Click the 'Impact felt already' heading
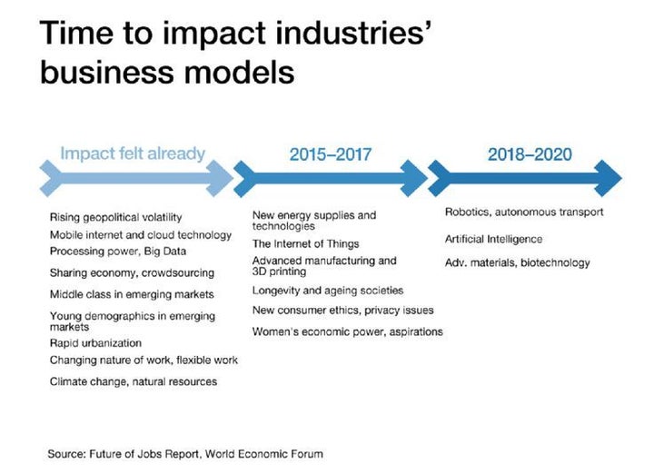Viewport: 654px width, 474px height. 133,153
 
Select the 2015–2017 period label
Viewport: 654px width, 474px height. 331,154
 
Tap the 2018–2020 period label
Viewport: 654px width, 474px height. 530,154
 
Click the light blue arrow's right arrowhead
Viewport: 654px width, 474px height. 220,178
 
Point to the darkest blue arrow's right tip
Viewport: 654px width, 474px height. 622,178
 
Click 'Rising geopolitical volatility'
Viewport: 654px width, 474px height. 116,218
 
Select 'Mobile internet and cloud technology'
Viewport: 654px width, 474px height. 141,235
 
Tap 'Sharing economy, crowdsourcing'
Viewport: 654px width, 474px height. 132,273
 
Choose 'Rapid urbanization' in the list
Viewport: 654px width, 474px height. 95,343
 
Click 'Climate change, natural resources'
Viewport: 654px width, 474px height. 134,382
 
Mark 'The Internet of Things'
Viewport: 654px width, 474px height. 306,244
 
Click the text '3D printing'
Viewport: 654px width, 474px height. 279,272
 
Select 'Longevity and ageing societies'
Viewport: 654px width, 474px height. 328,291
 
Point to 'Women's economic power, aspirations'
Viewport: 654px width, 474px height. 347,331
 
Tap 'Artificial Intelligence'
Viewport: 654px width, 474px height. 493,240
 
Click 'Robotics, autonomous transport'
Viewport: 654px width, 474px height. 524,212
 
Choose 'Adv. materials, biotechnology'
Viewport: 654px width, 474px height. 517,262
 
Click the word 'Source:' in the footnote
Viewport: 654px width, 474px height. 66,454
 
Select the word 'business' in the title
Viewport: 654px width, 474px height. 106,72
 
